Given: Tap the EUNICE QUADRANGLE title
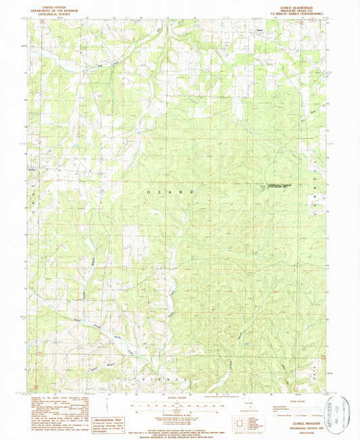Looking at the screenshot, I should coord(303,3).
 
